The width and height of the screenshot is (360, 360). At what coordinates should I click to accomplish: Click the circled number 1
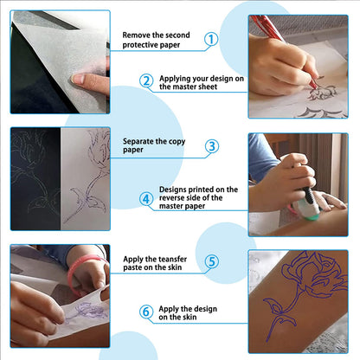tap(211, 39)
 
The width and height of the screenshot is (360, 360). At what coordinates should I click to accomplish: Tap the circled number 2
tap(146, 80)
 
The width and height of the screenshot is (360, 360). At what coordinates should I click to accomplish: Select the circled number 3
tap(212, 146)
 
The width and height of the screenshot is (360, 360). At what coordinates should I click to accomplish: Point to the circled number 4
tap(146, 199)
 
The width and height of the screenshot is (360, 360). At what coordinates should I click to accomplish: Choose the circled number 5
tap(212, 261)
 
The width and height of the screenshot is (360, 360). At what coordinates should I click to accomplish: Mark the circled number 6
tap(146, 312)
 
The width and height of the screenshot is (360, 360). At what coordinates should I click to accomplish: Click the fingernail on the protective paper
tap(77, 79)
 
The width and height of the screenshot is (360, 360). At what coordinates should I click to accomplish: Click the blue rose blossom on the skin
tap(314, 273)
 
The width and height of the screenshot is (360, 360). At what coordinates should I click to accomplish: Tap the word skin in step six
tap(190, 317)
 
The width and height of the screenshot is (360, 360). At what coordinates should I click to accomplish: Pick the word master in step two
tap(185, 87)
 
